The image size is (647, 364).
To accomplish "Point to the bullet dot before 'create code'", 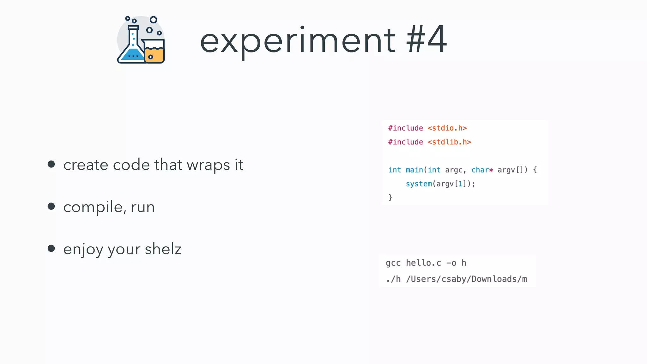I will pos(51,164).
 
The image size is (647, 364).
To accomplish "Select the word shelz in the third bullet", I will pos(163,249).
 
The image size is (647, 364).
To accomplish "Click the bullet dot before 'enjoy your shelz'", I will pos(51,248).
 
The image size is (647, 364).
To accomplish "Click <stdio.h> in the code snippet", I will pos(447,128).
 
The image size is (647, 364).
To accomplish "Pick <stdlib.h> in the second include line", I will pos(449,142).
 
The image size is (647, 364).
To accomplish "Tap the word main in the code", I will pos(414,170).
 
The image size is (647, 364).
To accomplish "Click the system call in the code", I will pos(419,184).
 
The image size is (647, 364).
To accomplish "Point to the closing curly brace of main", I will pos(390,197).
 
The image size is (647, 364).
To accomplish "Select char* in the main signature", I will pos(482,170).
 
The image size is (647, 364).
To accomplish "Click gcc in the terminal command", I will pos(393,263).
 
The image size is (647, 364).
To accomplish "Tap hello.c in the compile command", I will pos(423,263).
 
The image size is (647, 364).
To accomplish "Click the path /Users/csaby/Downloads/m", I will pos(466,279).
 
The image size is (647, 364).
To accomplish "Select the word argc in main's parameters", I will pos(454,170).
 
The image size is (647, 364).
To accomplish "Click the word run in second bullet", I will pos(143,207).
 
